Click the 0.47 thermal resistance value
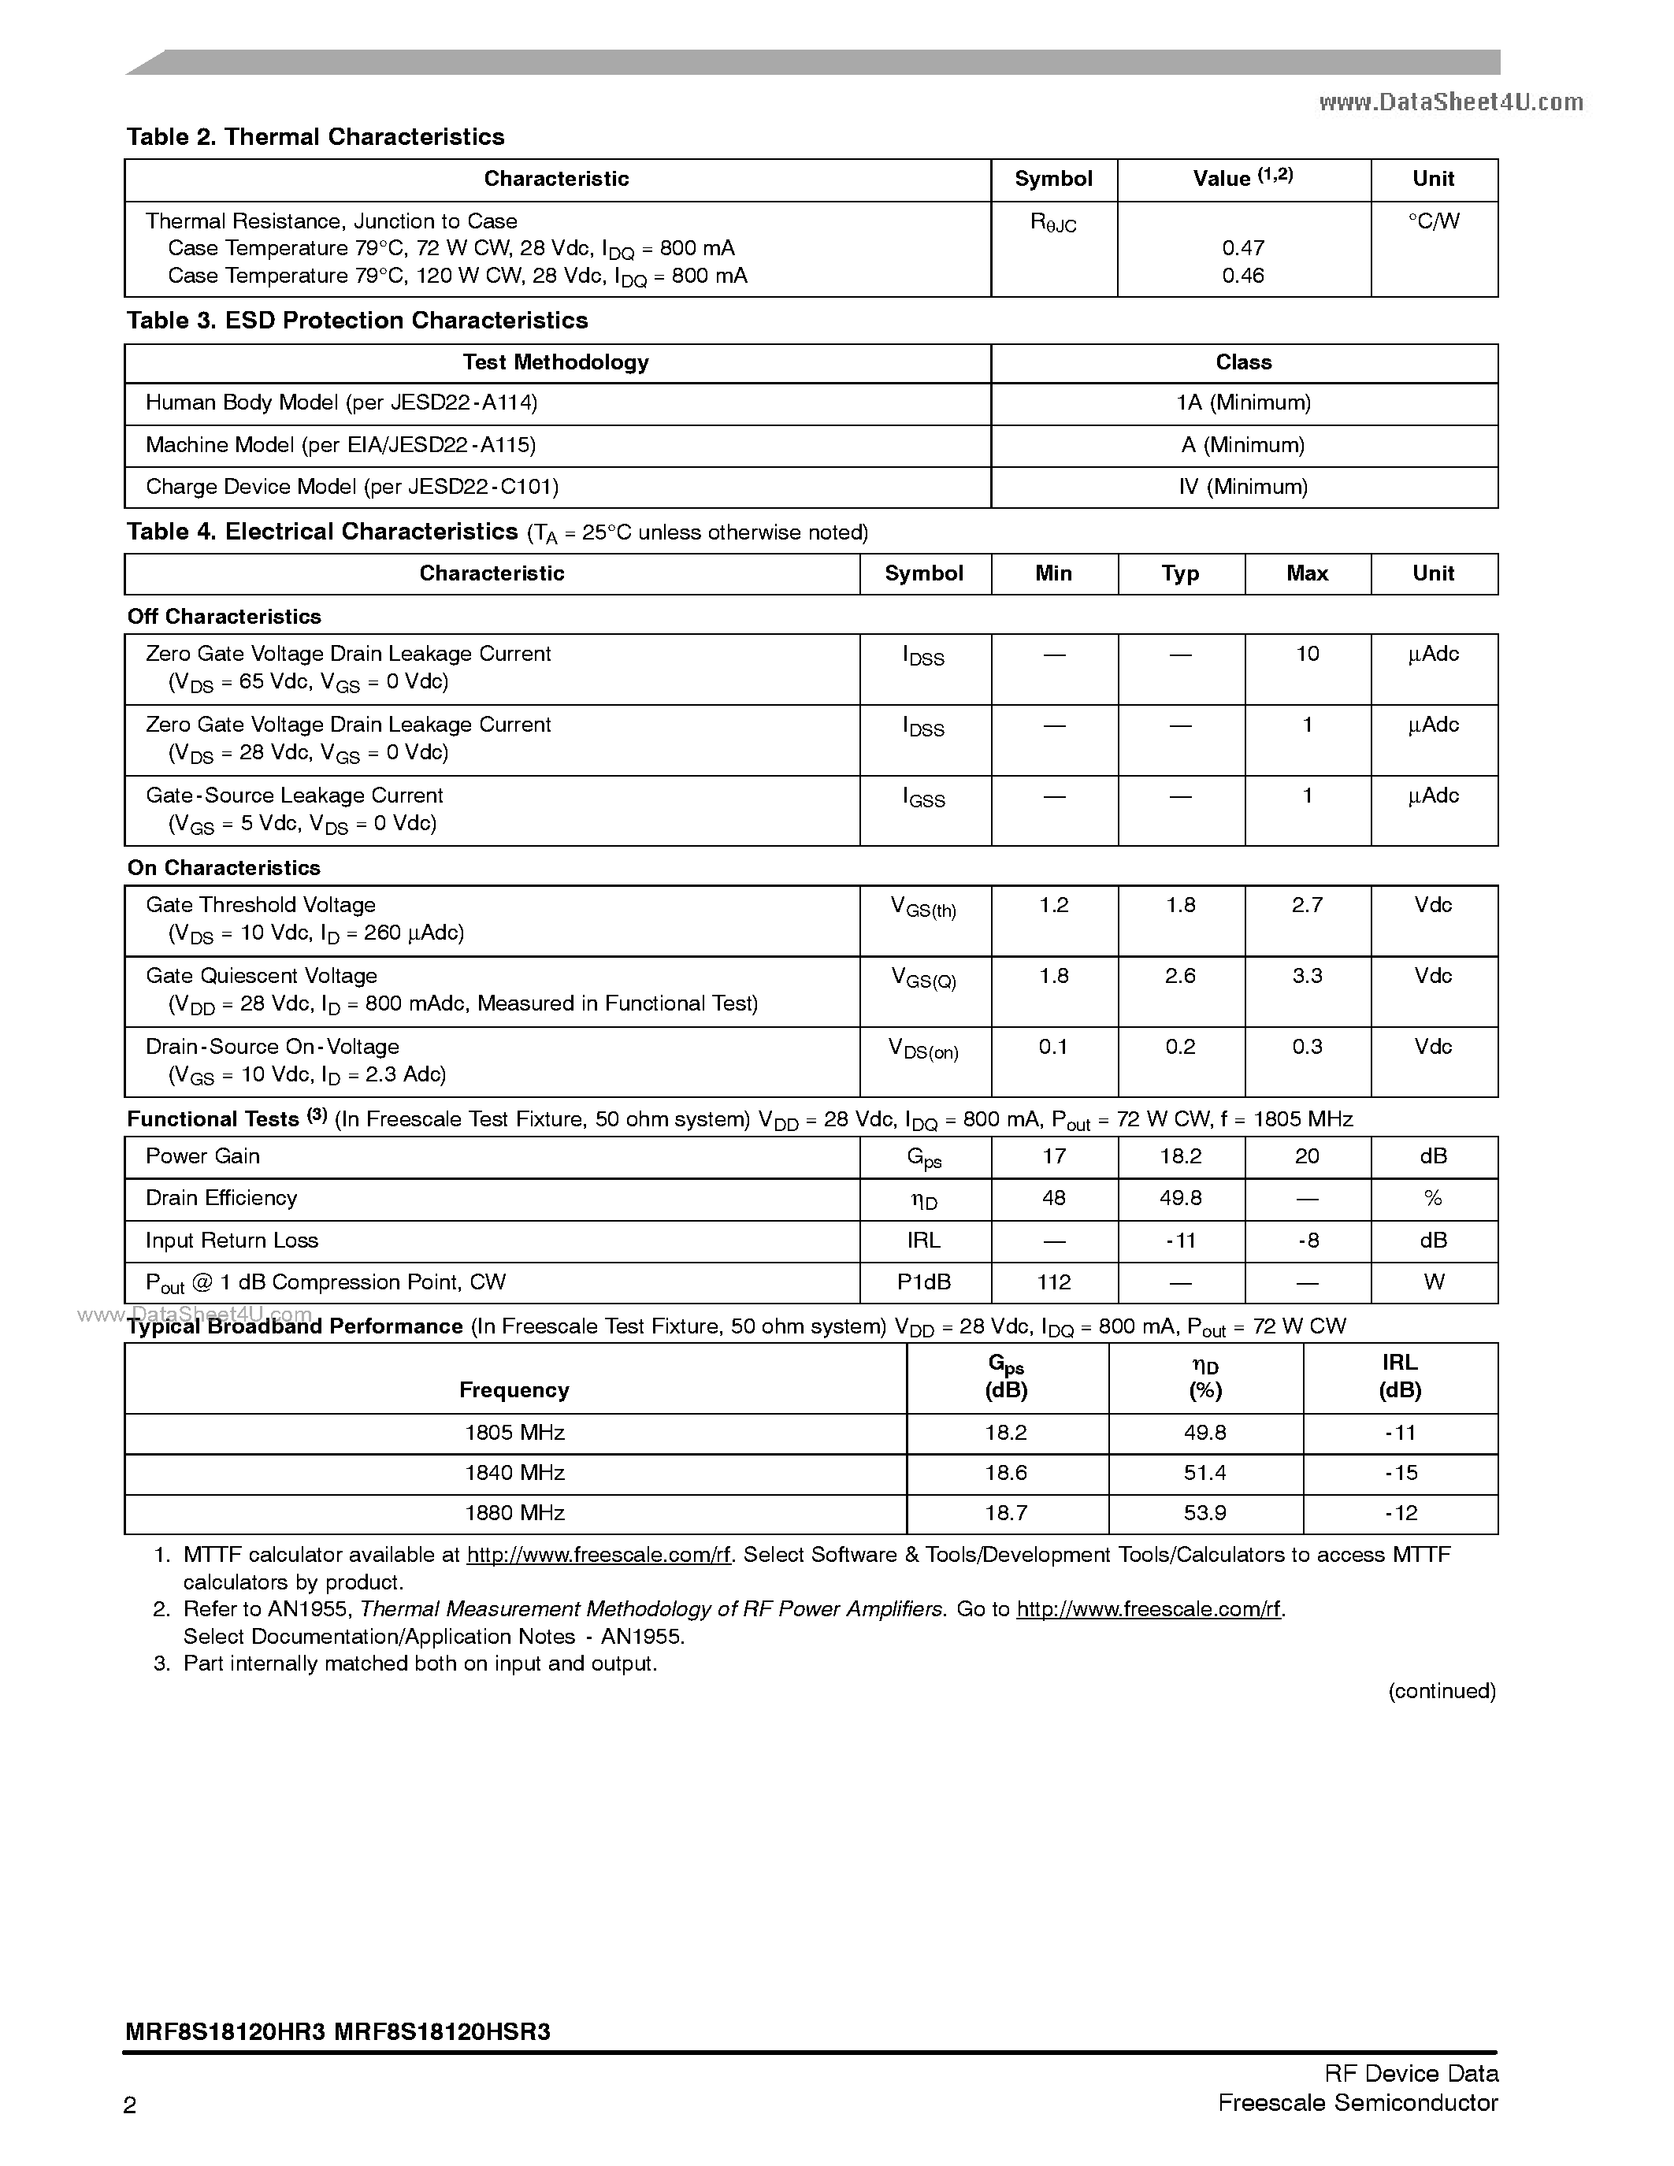tap(1242, 248)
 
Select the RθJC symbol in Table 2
tap(1053, 223)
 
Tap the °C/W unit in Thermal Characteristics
tap(1433, 221)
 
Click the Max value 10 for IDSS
tap(1307, 654)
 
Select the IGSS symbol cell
tap(923, 797)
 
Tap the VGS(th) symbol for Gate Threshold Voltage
tap(923, 907)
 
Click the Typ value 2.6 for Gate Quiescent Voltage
tap(1180, 976)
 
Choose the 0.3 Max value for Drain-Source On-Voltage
tap(1307, 1048)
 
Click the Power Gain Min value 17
tap(1053, 1156)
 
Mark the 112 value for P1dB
tap(1053, 1282)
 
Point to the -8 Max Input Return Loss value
tap(1307, 1241)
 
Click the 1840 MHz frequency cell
tap(514, 1473)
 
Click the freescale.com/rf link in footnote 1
tap(598, 1555)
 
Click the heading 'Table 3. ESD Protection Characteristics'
tap(357, 321)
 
